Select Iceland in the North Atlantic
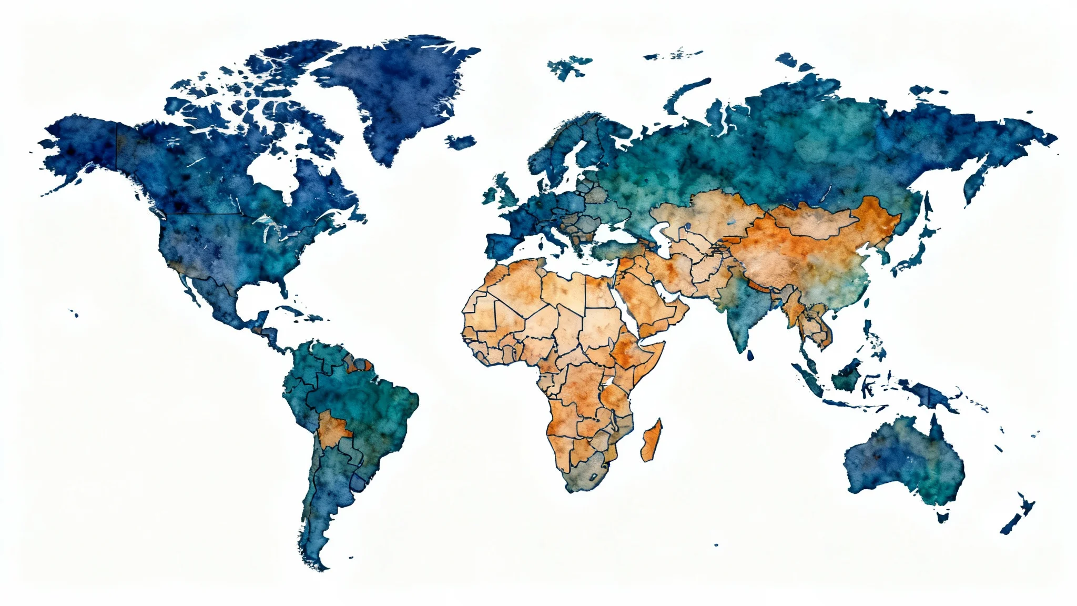[461, 142]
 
